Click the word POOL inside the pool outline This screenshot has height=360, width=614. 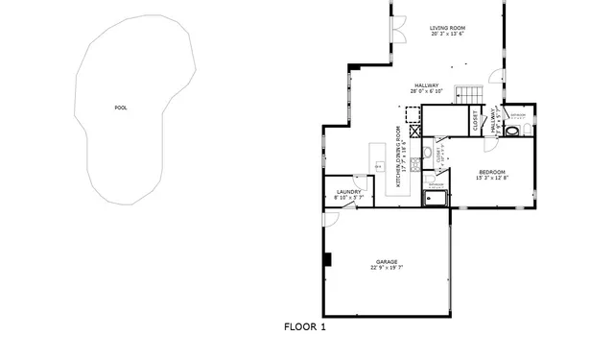[121, 108]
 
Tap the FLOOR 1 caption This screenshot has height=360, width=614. [305, 327]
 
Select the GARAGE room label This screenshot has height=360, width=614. [387, 261]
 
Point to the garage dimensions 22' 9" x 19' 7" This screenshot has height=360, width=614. [387, 268]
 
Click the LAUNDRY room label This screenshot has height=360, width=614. [348, 191]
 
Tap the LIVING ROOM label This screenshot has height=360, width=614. [447, 29]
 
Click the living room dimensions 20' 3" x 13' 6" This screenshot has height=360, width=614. [447, 36]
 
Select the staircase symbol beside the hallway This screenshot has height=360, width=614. [467, 93]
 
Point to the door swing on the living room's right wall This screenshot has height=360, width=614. [495, 76]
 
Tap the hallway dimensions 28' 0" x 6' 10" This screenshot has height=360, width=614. [427, 92]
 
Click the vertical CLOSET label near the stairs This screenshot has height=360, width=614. [476, 121]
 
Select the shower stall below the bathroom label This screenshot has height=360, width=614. [437, 199]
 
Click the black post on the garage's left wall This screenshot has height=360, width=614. [327, 259]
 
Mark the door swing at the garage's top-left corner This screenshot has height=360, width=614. [330, 218]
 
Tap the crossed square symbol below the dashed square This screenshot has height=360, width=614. [413, 131]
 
